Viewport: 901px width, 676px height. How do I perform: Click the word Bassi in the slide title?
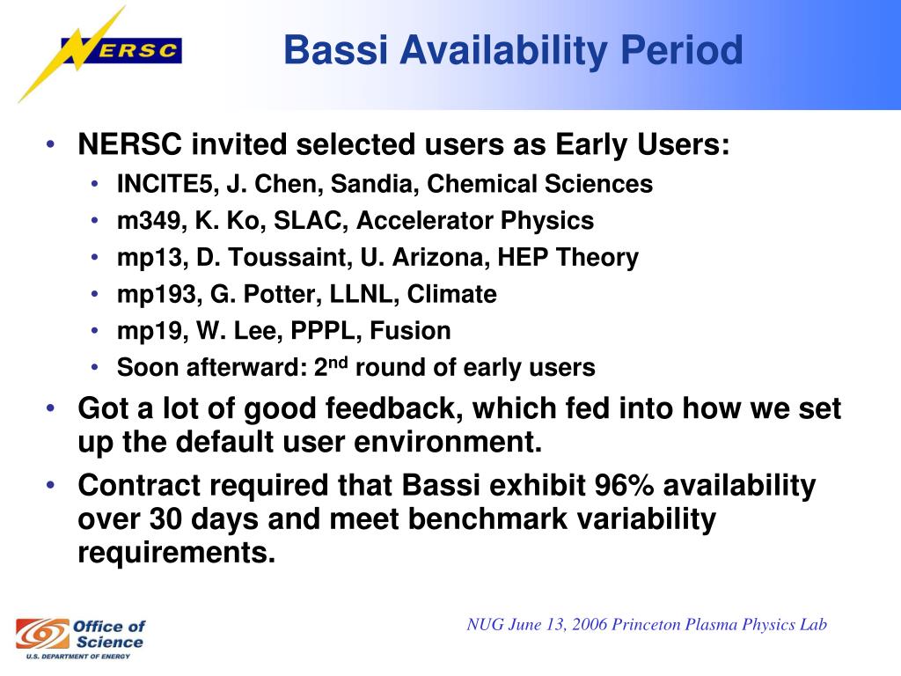pyautogui.click(x=336, y=50)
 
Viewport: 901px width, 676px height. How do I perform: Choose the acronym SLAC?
pyautogui.click(x=308, y=221)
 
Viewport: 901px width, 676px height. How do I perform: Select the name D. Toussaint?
pyautogui.click(x=272, y=257)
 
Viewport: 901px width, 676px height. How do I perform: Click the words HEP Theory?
pyautogui.click(x=568, y=257)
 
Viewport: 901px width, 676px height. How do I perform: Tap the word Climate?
pyautogui.click(x=452, y=294)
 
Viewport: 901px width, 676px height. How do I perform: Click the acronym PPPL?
pyautogui.click(x=324, y=331)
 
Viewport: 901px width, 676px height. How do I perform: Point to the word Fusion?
pyautogui.click(x=410, y=331)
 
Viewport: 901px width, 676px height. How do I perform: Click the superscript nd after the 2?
pyautogui.click(x=339, y=362)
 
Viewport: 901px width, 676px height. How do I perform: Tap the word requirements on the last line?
pyautogui.click(x=176, y=553)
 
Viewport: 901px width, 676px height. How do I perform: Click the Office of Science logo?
pyautogui.click(x=80, y=638)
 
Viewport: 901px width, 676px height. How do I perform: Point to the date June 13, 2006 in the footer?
pyautogui.click(x=557, y=624)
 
